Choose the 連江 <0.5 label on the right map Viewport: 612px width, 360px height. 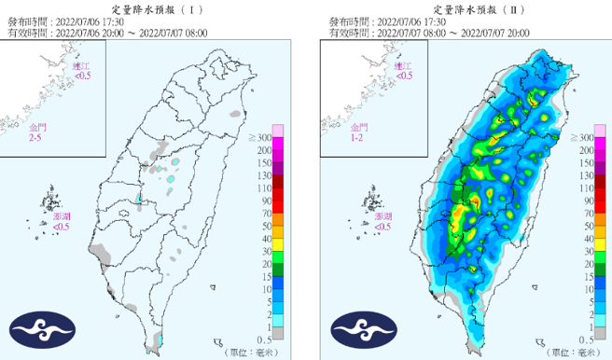point(403,71)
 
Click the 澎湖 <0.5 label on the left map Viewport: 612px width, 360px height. point(61,221)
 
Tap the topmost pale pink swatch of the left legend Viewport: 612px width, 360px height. point(277,130)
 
